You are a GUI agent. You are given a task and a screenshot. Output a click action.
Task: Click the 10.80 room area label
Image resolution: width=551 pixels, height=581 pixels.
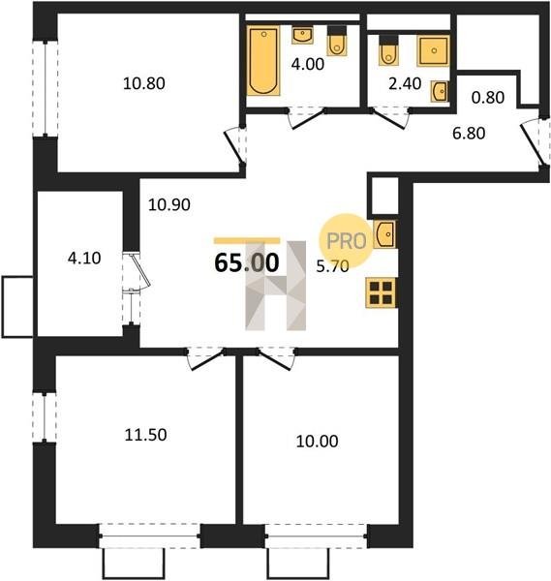pos(143,83)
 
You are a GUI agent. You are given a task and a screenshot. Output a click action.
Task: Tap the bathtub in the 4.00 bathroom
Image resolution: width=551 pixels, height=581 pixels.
pos(263,61)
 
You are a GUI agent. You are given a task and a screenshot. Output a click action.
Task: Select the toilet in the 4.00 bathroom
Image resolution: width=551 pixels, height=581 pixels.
pos(337,41)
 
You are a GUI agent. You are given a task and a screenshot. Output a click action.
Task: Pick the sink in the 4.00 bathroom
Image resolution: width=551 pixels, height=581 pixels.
pos(302,35)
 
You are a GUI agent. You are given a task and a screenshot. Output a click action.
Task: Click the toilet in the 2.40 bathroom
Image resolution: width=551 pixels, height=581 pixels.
pos(388,50)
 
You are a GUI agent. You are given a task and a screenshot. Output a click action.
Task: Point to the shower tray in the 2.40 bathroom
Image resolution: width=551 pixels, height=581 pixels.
pos(433,50)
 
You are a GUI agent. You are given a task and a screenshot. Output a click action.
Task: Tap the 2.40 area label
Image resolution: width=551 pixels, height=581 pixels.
pos(405,84)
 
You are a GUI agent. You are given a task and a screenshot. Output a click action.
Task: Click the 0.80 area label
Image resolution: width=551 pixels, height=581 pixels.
pos(488,98)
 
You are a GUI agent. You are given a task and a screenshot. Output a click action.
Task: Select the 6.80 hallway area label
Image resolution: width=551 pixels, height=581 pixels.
pos(469,133)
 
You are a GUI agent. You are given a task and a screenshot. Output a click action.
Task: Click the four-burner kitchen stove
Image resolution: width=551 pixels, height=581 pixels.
pos(382,292)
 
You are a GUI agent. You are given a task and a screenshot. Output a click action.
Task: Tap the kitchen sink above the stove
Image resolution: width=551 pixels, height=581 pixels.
pos(384,234)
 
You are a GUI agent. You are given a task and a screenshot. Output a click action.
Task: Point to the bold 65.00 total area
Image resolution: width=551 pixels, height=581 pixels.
pos(247,263)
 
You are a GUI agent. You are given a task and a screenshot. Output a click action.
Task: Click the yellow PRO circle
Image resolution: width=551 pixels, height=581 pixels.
pos(347,240)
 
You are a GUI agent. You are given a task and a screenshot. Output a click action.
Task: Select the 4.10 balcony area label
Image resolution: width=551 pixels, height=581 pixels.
pos(84,258)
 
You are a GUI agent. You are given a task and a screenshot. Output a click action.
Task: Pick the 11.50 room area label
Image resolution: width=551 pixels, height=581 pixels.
pos(145,435)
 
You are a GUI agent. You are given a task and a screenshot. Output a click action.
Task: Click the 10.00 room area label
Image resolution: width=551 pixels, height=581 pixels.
pos(318,442)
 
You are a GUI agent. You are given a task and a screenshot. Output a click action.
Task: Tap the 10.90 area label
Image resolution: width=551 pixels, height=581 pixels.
pos(168,204)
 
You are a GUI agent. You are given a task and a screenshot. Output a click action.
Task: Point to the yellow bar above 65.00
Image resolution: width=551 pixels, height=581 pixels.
pos(247,240)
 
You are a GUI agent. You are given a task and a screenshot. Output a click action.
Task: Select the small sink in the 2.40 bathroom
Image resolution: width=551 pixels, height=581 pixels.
pos(441,91)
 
